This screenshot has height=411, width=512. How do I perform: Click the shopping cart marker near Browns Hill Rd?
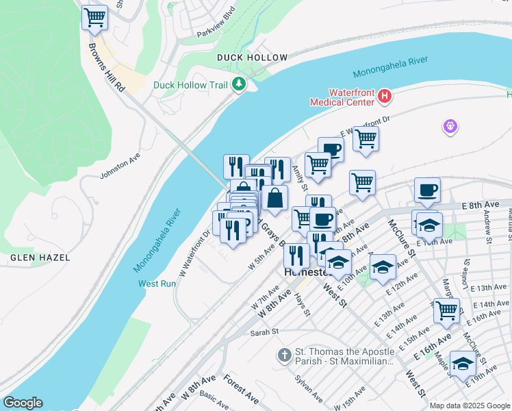point(94,17)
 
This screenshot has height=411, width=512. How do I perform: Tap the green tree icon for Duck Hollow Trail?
point(239,84)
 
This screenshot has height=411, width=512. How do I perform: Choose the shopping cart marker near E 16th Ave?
point(446,310)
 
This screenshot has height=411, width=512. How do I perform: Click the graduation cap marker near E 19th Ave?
point(463,363)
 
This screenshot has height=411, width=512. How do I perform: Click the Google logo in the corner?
point(23,403)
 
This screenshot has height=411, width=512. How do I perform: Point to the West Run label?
point(157,284)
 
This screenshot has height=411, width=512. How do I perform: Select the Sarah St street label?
point(264,332)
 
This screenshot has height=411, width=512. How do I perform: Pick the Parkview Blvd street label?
point(216,32)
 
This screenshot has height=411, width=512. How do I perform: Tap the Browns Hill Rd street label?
point(107,69)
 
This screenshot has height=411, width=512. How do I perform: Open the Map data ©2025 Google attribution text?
point(470,406)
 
